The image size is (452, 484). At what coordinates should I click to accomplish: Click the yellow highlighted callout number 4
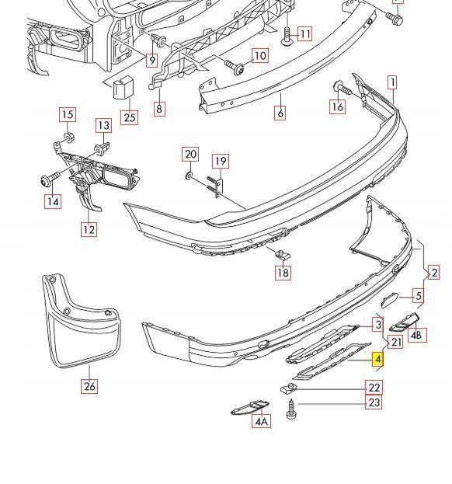pyautogui.click(x=377, y=360)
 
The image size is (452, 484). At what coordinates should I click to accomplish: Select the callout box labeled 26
pyautogui.click(x=90, y=386)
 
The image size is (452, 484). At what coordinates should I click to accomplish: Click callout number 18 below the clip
pyautogui.click(x=282, y=273)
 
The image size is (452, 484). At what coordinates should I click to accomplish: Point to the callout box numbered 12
pyautogui.click(x=89, y=229)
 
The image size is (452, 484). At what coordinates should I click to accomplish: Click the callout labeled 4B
pyautogui.click(x=417, y=336)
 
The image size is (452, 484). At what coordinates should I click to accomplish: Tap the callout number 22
pyautogui.click(x=374, y=388)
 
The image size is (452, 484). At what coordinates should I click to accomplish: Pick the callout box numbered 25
pyautogui.click(x=128, y=118)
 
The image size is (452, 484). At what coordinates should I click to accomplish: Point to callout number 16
pyautogui.click(x=337, y=107)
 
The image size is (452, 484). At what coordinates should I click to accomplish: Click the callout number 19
pyautogui.click(x=221, y=162)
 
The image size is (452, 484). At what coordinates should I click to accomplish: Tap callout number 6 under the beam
pyautogui.click(x=280, y=113)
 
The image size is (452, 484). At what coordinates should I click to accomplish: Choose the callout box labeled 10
pyautogui.click(x=259, y=56)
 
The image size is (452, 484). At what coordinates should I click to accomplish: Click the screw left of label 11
pyautogui.click(x=286, y=33)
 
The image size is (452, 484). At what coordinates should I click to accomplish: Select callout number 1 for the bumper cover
pyautogui.click(x=393, y=82)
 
